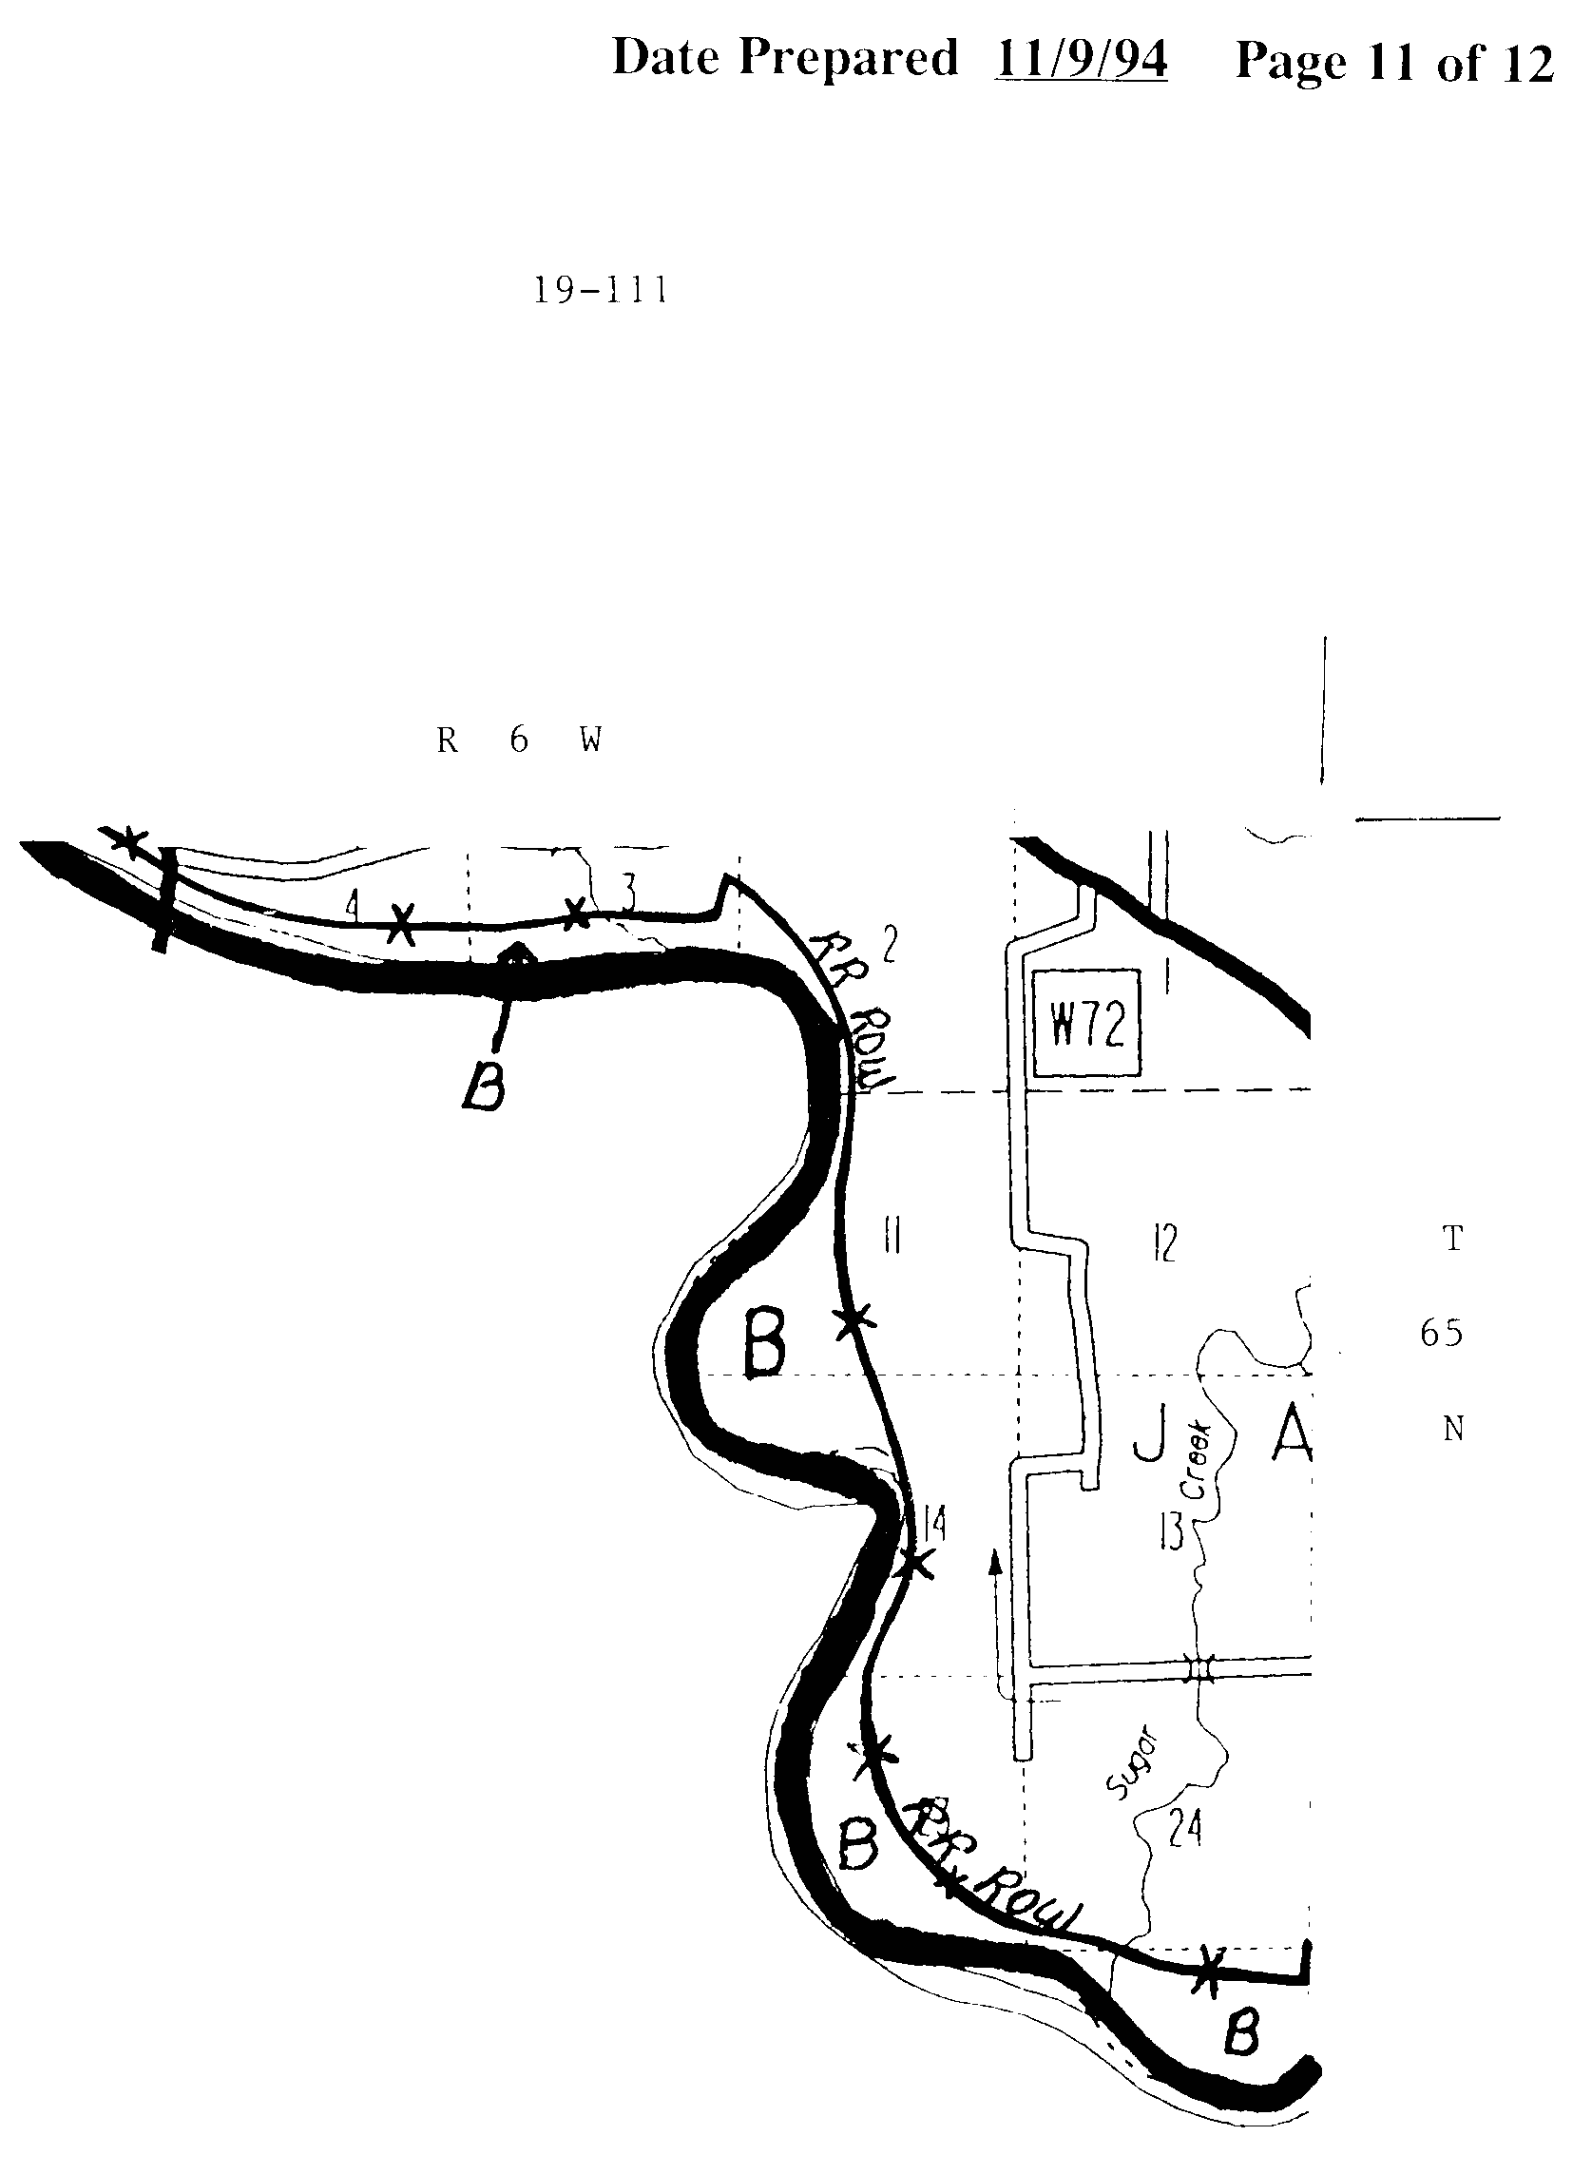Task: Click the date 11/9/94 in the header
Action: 1081,60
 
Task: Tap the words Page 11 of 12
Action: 1393,64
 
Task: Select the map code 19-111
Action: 601,290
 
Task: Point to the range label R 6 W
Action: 520,741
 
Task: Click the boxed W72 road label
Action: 1086,1025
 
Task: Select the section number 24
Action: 1184,1826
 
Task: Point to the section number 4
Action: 353,906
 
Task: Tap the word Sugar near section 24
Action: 1134,1766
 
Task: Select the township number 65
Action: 1441,1334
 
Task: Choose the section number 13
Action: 1170,1532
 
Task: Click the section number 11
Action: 892,1236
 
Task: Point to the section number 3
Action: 627,895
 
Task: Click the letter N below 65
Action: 1453,1430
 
